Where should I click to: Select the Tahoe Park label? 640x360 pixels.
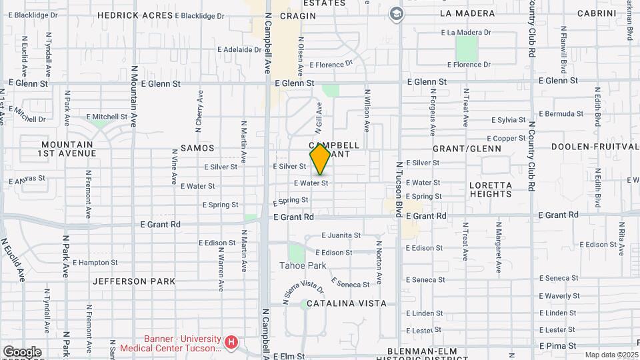pos(303,265)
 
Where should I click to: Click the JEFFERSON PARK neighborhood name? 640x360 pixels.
pos(133,281)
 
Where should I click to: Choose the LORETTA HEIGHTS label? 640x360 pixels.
pos(490,189)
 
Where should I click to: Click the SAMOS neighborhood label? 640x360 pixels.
pos(197,148)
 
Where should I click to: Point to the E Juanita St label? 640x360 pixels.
pos(341,235)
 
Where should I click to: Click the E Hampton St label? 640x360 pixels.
pos(95,263)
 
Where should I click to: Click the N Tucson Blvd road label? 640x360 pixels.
pos(399,188)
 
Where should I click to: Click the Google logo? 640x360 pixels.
pos(22,352)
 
